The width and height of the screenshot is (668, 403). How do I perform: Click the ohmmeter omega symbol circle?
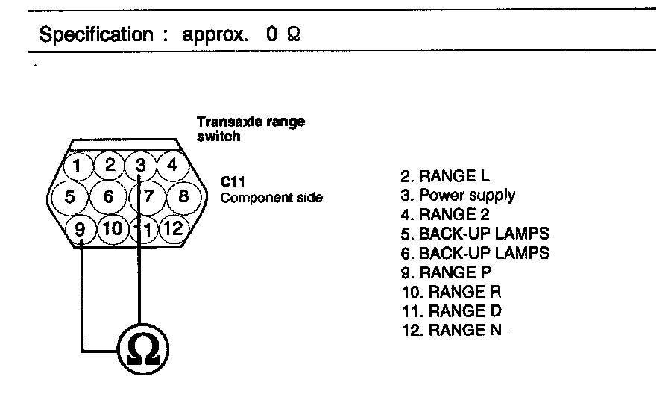142,349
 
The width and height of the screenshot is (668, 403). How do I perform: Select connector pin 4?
171,165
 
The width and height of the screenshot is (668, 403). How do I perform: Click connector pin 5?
69,197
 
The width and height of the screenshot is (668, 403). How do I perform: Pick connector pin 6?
109,197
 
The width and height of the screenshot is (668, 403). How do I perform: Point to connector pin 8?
184,197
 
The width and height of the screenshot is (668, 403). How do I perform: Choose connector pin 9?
81,229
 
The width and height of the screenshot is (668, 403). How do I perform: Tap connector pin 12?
172,229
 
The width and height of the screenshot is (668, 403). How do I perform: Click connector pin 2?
109,165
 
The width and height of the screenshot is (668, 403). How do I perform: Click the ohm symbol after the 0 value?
293,35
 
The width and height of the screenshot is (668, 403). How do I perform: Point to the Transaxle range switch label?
250,128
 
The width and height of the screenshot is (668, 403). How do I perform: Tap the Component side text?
271,198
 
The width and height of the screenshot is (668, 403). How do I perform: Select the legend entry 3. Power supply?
457,196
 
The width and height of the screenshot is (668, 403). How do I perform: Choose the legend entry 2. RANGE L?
447,176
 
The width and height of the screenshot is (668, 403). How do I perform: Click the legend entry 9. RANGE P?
447,272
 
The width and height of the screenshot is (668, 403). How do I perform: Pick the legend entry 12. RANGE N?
450,330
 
